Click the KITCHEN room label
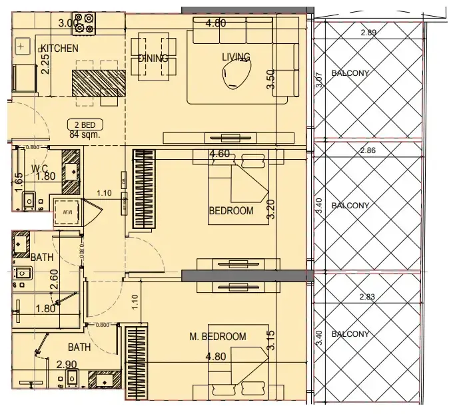point(60,49)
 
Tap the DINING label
point(153,59)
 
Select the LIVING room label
point(236,57)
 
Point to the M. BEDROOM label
point(217,337)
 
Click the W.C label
point(42,168)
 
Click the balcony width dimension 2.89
point(368,33)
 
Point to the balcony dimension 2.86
point(368,151)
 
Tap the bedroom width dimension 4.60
point(220,154)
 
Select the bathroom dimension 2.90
point(67,364)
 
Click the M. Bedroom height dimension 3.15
point(270,341)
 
